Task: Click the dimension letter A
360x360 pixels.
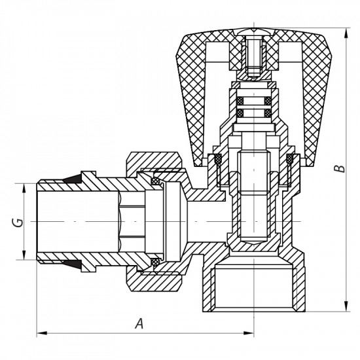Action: click(x=139, y=323)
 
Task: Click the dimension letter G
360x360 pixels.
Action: click(x=19, y=222)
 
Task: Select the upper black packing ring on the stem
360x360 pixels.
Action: click(x=252, y=101)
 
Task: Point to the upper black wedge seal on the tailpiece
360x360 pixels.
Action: click(x=86, y=179)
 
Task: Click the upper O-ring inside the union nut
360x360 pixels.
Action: click(x=156, y=181)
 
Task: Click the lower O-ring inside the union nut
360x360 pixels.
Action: click(x=156, y=262)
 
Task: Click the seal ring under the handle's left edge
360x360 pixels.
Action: click(x=213, y=159)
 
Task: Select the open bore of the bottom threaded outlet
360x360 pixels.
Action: click(x=252, y=288)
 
